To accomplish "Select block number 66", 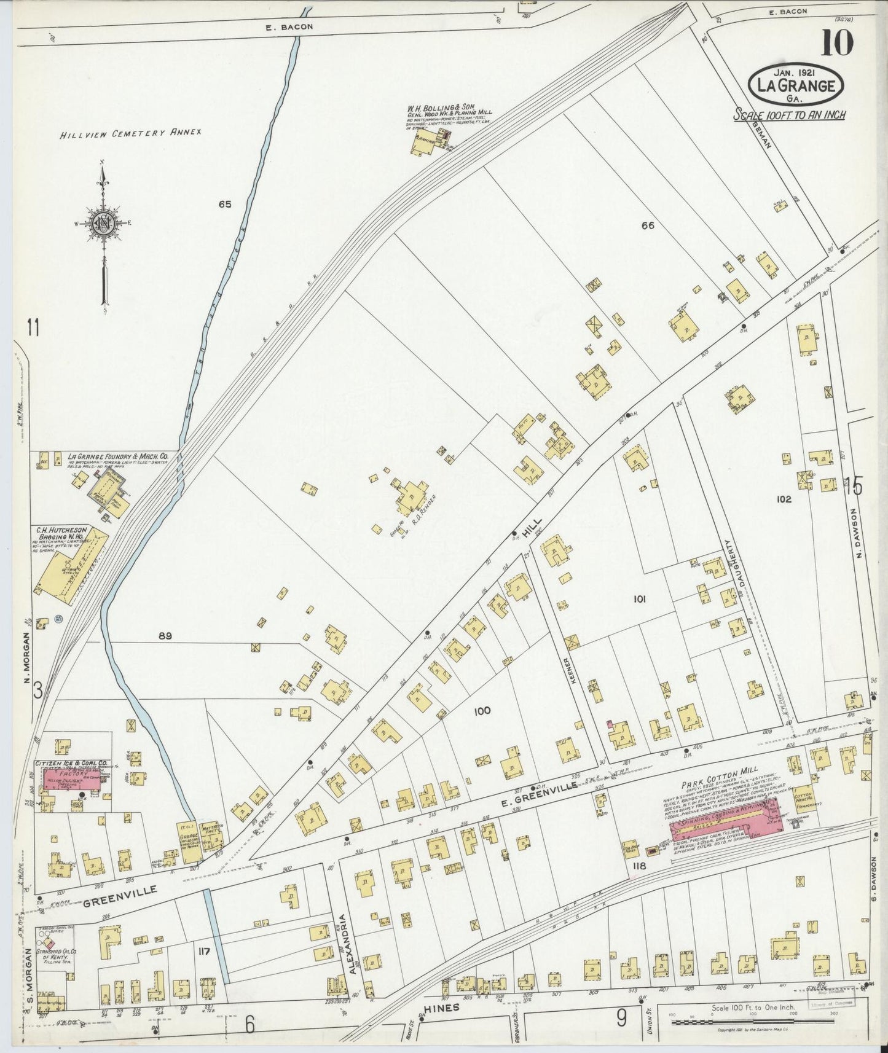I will (x=647, y=225).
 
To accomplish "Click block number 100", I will (x=482, y=711).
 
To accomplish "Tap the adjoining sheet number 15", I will (x=853, y=487).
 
